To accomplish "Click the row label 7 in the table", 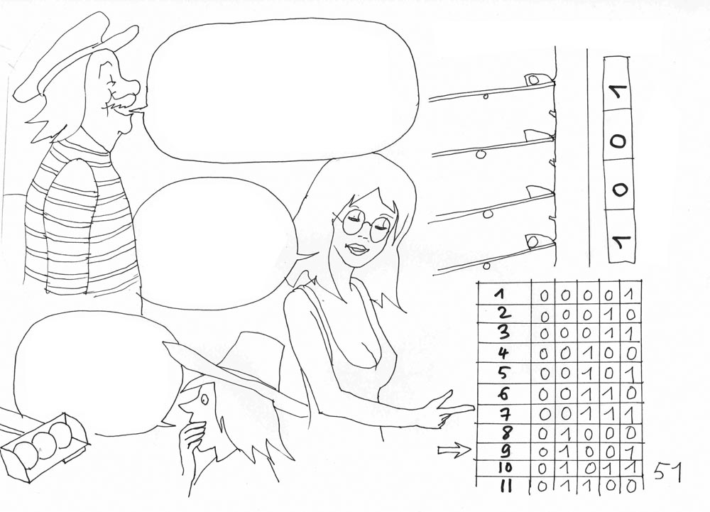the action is [x=504, y=413].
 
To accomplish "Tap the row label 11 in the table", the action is [x=506, y=486].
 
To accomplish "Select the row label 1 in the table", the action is [x=499, y=294].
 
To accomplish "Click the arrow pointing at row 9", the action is [x=454, y=450].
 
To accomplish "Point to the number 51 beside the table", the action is [x=667, y=472].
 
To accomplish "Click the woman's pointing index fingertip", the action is [x=473, y=408].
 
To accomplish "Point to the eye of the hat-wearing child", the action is [x=204, y=399].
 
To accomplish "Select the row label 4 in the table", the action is [x=503, y=353].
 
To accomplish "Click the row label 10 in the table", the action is [x=504, y=469].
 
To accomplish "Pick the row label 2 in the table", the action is [x=503, y=313].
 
